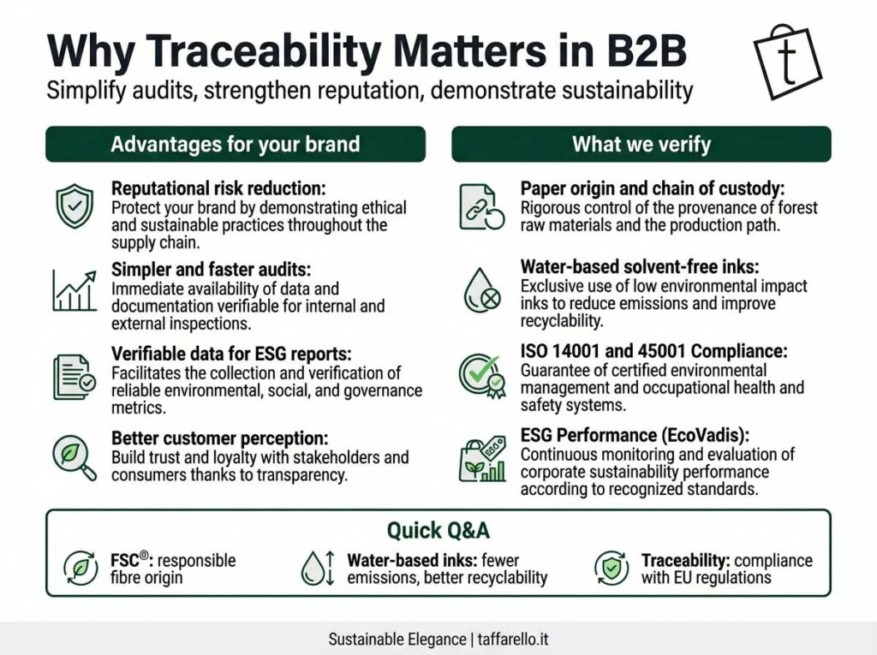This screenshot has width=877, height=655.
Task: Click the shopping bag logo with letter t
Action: pyautogui.click(x=788, y=63)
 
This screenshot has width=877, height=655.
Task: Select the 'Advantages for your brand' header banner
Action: pyautogui.click(x=236, y=145)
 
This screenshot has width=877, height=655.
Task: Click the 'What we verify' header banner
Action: pyautogui.click(x=641, y=145)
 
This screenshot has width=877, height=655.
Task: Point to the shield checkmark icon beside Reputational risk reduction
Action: pyautogui.click(x=75, y=205)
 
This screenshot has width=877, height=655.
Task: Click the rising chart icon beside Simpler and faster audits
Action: pyautogui.click(x=75, y=290)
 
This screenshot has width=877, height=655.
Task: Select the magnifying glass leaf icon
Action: pyautogui.click(x=75, y=457)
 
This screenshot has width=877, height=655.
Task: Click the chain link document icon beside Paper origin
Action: pyautogui.click(x=481, y=207)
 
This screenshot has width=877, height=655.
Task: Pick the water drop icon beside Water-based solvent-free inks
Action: pyautogui.click(x=481, y=290)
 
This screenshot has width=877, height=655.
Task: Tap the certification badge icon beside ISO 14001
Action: pyautogui.click(x=482, y=376)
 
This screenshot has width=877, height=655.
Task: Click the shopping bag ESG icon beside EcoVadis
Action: pyautogui.click(x=482, y=460)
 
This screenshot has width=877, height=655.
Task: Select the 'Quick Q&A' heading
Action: pyautogui.click(x=438, y=530)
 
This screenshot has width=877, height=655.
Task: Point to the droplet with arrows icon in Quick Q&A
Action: pyautogui.click(x=318, y=569)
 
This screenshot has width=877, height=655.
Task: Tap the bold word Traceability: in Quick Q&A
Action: pyautogui.click(x=686, y=561)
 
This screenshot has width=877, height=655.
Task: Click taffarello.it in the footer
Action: pyautogui.click(x=513, y=640)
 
